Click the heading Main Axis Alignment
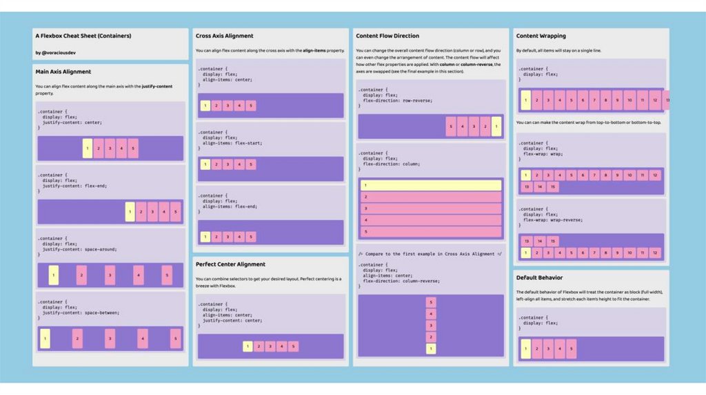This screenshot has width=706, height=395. [x=63, y=72]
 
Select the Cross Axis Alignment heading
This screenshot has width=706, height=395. [x=224, y=36]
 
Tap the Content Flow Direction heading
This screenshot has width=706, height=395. [x=387, y=36]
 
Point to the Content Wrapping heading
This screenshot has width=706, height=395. [x=541, y=36]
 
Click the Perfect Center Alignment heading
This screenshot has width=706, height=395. [x=230, y=264]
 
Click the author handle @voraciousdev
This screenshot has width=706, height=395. [x=52, y=52]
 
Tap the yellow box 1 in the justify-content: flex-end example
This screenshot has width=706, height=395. [x=130, y=211]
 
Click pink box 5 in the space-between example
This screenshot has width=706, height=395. [x=175, y=338]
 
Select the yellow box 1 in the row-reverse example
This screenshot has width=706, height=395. [x=496, y=127]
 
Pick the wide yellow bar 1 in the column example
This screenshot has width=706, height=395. [x=431, y=185]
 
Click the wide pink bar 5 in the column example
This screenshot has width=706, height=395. [x=431, y=232]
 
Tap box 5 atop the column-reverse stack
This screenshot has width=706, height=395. [x=431, y=302]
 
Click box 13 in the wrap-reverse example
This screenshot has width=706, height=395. [x=527, y=241]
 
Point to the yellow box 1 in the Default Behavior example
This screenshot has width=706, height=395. [x=526, y=348]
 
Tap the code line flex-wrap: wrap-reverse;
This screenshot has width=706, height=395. [x=553, y=220]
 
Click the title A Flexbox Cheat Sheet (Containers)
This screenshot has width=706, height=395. [x=83, y=36]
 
